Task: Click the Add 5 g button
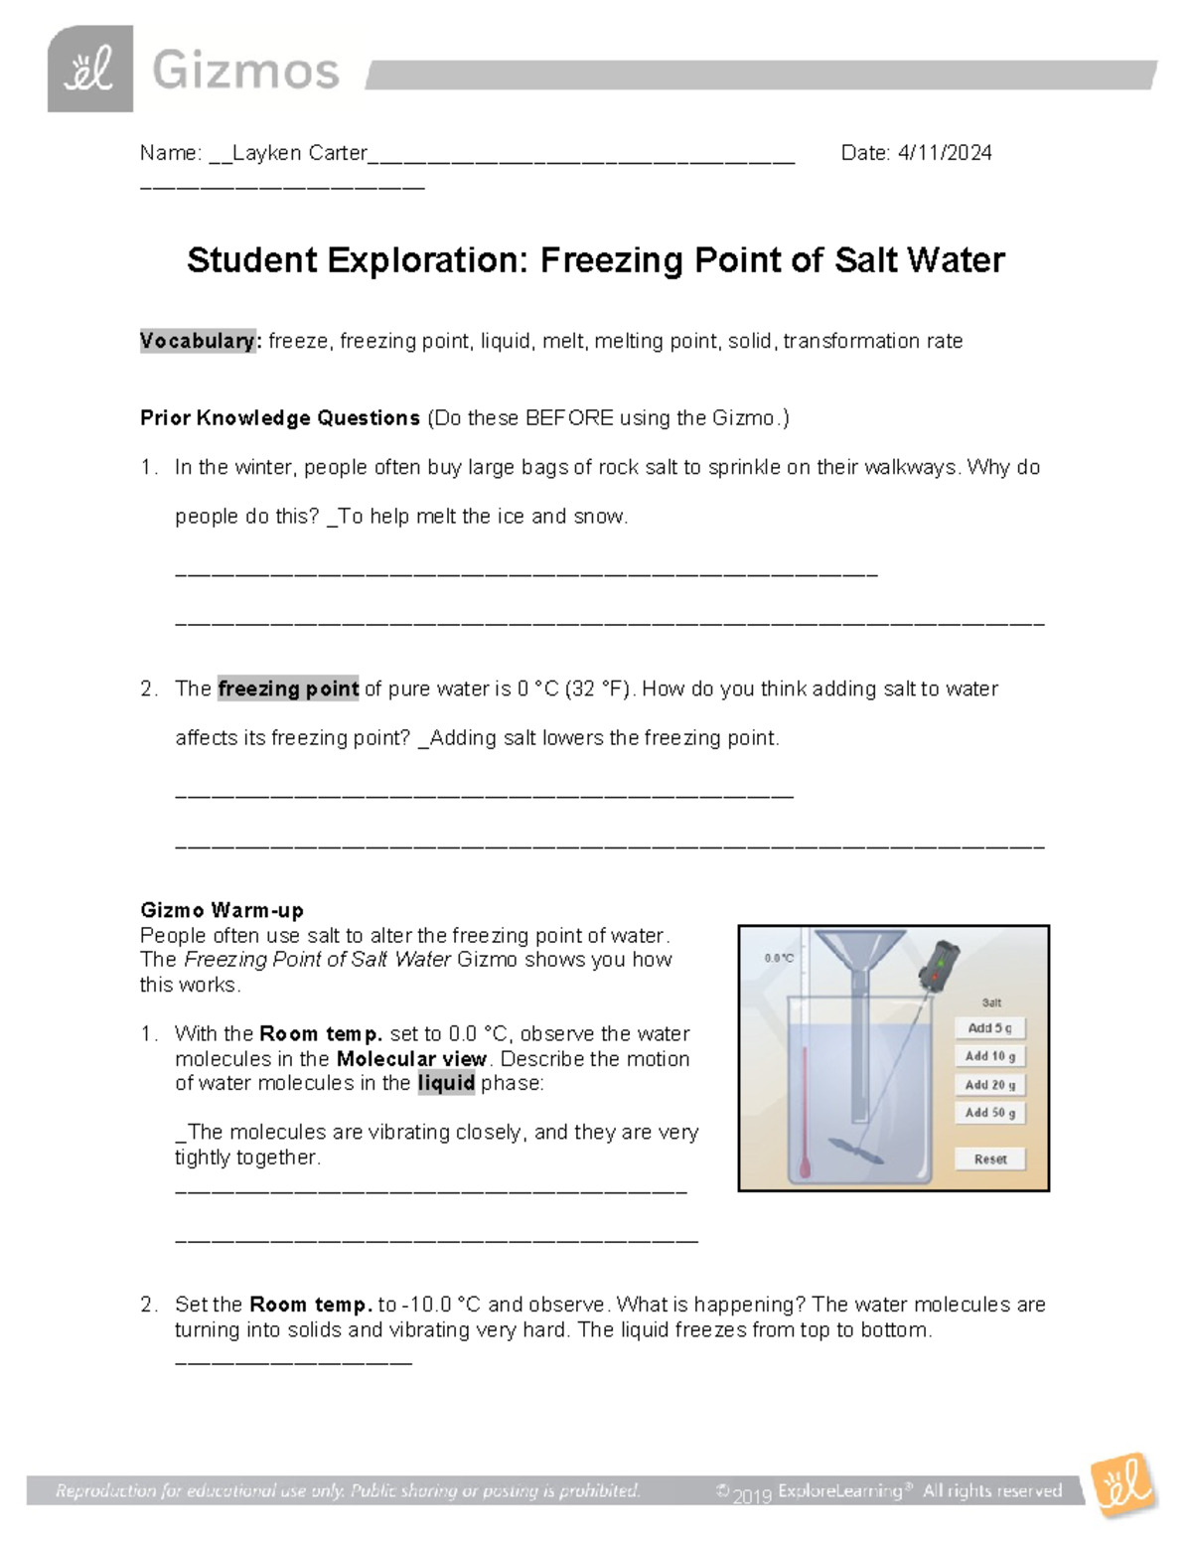pyautogui.click(x=989, y=1028)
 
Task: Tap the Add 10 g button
pyautogui.click(x=989, y=1056)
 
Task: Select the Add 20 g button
pyautogui.click(x=989, y=1085)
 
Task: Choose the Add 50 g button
pyautogui.click(x=989, y=1113)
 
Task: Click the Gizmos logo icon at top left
pyautogui.click(x=89, y=70)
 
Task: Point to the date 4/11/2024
pyautogui.click(x=944, y=153)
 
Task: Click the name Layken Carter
pyautogui.click(x=299, y=153)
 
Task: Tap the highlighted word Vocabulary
pyautogui.click(x=199, y=341)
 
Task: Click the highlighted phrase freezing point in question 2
pyautogui.click(x=288, y=689)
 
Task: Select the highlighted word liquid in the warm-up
pyautogui.click(x=446, y=1083)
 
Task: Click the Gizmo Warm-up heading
pyautogui.click(x=222, y=910)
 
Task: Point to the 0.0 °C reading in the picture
pyautogui.click(x=779, y=958)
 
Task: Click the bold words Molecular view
pyautogui.click(x=411, y=1059)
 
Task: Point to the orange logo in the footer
pyautogui.click(x=1123, y=1485)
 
